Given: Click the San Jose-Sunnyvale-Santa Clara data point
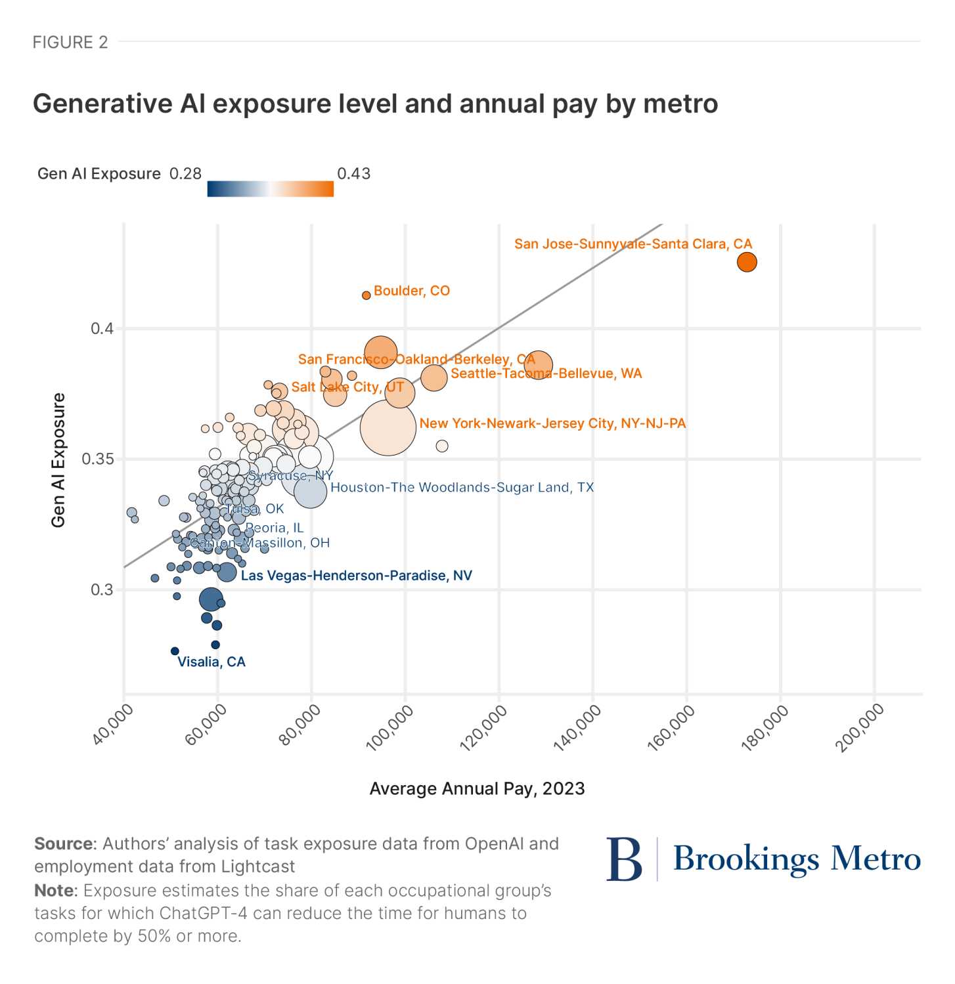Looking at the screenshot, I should click(747, 262).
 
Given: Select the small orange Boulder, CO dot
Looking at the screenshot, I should click(366, 295).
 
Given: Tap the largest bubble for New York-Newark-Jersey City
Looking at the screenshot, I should click(388, 427).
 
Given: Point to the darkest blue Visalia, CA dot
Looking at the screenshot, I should click(175, 651).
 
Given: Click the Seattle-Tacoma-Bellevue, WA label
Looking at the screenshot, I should click(546, 374).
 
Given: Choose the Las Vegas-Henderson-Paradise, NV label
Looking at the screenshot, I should click(356, 576).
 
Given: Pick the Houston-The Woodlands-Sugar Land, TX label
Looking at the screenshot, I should click(462, 487).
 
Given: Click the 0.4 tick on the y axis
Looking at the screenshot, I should click(102, 328).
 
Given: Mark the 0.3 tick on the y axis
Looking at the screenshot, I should click(102, 589).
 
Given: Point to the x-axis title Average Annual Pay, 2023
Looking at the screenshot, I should click(477, 788).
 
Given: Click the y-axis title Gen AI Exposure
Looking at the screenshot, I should click(58, 460).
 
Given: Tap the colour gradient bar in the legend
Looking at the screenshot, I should click(270, 189).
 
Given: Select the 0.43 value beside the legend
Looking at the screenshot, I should click(353, 173).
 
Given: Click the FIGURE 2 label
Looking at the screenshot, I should click(70, 42).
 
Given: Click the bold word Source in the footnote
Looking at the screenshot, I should click(64, 844).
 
